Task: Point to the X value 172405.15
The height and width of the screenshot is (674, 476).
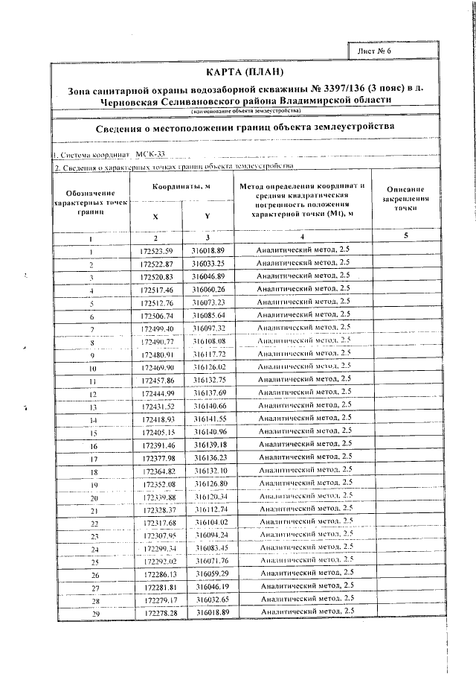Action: pos(156,433)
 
